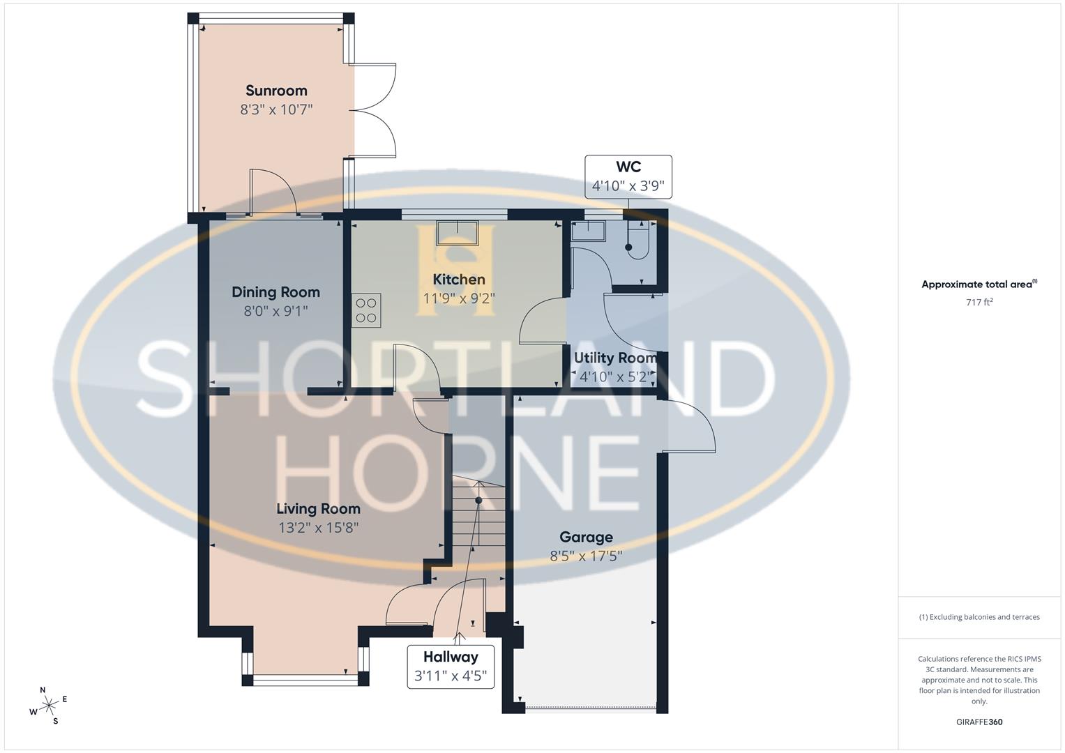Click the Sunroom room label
[276, 91]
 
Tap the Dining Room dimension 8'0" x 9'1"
[275, 311]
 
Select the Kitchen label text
[459, 280]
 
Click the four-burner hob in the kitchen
[367, 310]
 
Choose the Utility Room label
[615, 358]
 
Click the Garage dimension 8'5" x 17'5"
[586, 556]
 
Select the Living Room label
[318, 509]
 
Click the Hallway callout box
[451, 666]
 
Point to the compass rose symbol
[49, 706]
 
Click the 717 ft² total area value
[979, 303]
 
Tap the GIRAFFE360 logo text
[979, 722]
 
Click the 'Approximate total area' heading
[979, 284]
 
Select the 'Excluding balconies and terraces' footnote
[979, 617]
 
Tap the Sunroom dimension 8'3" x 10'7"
[276, 109]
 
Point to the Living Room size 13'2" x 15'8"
[318, 528]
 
